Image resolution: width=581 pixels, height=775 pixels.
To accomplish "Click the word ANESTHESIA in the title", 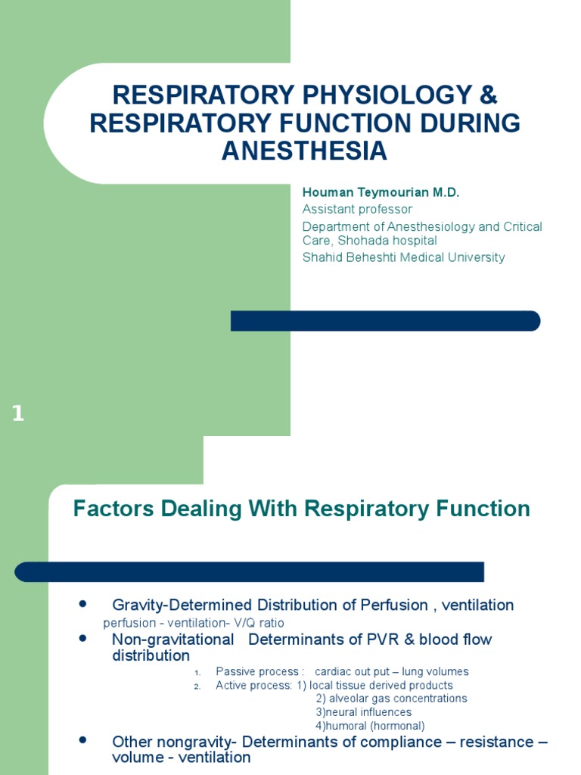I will (304, 151).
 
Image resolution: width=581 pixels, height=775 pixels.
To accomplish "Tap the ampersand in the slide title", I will (489, 95).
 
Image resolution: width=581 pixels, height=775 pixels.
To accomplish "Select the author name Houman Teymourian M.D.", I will (381, 192).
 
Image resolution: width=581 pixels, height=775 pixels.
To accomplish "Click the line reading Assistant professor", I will (357, 209).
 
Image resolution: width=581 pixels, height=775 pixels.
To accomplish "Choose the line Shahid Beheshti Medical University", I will (403, 257).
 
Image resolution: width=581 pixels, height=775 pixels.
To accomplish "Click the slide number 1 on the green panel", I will (17, 414).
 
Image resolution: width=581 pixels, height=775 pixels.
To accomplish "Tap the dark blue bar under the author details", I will (385, 321).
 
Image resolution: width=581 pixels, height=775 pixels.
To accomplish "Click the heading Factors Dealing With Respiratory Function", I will (301, 509).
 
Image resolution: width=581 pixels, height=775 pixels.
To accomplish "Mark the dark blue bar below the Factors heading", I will (250, 571).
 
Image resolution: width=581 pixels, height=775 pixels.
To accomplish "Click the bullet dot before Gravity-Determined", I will (82, 604).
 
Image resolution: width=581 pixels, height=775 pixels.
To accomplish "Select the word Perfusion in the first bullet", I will (389, 605).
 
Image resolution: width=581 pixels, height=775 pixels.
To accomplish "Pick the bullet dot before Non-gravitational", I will (82, 639).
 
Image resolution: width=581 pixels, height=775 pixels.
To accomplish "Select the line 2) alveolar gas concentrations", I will (391, 699).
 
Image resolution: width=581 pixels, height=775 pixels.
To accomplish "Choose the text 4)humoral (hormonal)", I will (370, 726).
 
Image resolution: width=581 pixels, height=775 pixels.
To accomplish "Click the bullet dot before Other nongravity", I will (82, 739).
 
